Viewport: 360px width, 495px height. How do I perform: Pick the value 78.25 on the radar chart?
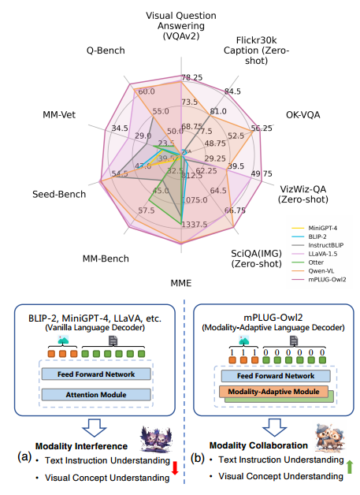click(191, 78)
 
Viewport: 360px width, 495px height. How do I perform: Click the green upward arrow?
click(350, 467)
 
